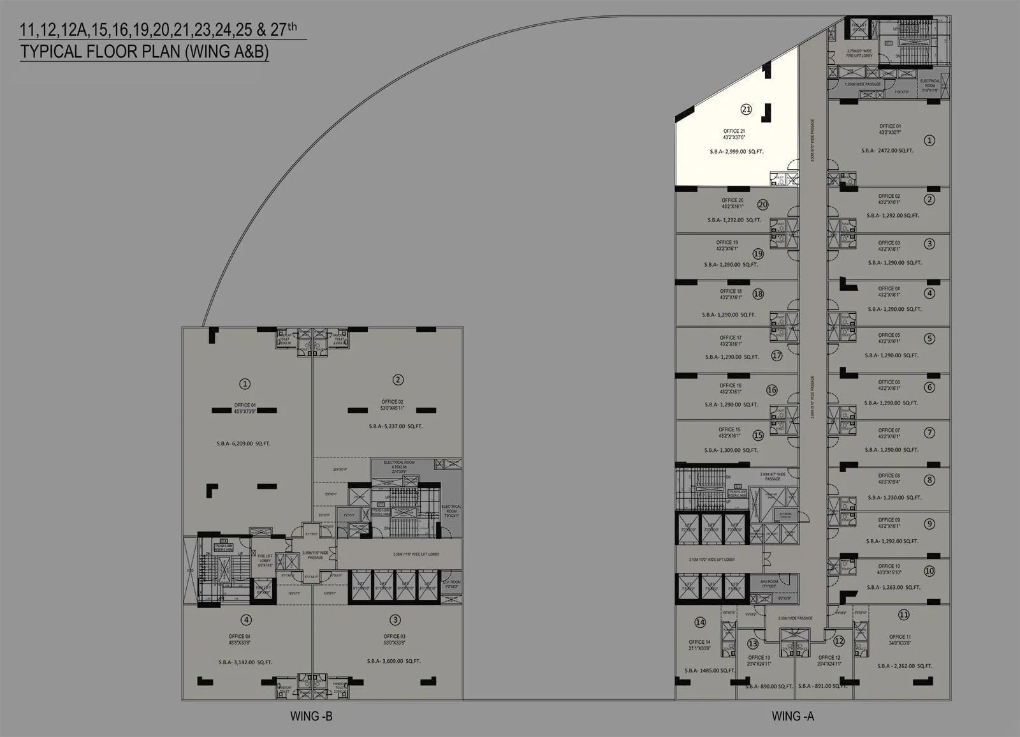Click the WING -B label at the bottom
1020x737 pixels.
pyautogui.click(x=311, y=716)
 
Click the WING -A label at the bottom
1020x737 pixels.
pyautogui.click(x=792, y=716)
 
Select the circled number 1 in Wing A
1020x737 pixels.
pyautogui.click(x=929, y=140)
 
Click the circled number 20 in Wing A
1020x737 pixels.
pyautogui.click(x=762, y=205)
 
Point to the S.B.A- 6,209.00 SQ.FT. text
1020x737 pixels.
pyautogui.click(x=243, y=443)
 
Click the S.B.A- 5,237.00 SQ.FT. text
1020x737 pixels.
pyautogui.click(x=395, y=426)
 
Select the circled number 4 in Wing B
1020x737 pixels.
pyautogui.click(x=246, y=620)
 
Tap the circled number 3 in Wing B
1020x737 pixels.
pyautogui.click(x=395, y=620)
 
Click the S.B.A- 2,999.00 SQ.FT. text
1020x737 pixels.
pyautogui.click(x=736, y=152)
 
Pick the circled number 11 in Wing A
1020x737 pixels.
pyautogui.click(x=903, y=615)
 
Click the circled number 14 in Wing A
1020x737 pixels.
pyautogui.click(x=700, y=622)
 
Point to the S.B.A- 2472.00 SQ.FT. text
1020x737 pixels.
pyautogui.click(x=887, y=151)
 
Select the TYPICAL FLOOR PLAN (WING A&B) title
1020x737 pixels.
pyautogui.click(x=144, y=52)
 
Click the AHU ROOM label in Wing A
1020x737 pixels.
pyautogui.click(x=769, y=583)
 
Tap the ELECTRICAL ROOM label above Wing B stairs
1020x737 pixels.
pyautogui.click(x=399, y=463)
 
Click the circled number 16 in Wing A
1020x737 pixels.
pyautogui.click(x=772, y=390)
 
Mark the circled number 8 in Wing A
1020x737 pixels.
pyautogui.click(x=930, y=480)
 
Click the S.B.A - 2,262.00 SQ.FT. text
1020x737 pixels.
pyautogui.click(x=905, y=666)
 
